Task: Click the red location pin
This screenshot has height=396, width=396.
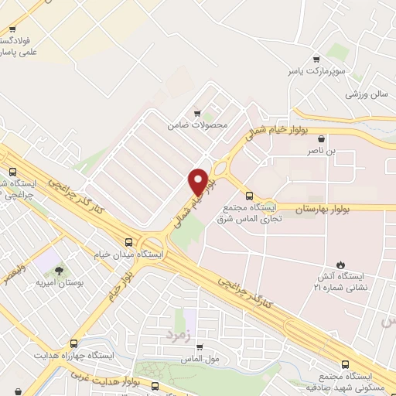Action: click(x=198, y=181)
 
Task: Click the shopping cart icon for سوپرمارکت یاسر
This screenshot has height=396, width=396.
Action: click(x=316, y=59)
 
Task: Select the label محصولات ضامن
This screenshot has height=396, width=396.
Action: click(x=198, y=124)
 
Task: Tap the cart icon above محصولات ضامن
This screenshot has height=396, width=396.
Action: click(x=198, y=112)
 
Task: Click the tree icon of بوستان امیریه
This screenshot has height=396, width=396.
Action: click(x=59, y=271)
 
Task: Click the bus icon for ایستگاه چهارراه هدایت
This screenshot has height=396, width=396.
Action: click(x=73, y=343)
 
